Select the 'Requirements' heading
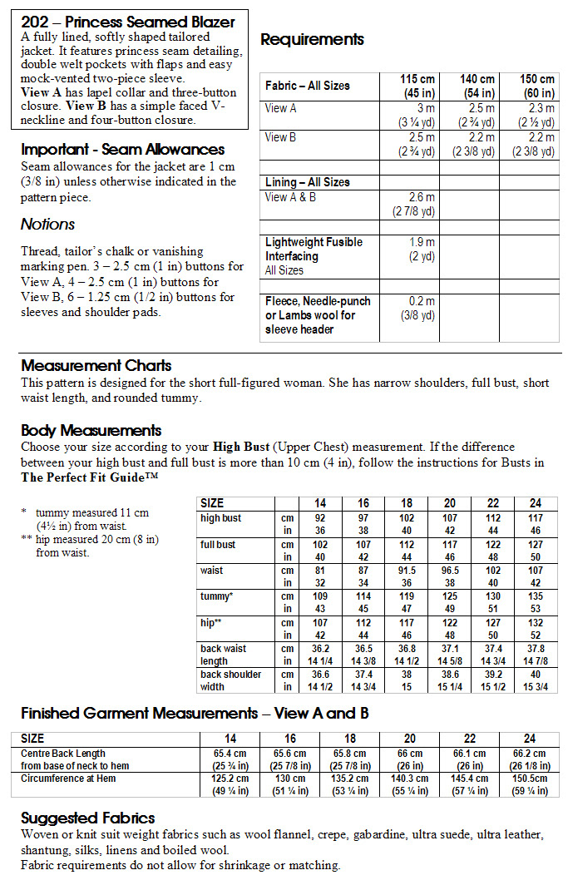[312, 39]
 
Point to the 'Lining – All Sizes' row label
[307, 182]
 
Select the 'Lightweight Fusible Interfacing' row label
[314, 249]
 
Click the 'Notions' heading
[47, 224]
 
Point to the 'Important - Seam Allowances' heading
[122, 150]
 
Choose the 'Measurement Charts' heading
[96, 365]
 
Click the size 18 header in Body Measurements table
[407, 503]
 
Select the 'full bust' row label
[218, 545]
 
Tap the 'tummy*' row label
[216, 596]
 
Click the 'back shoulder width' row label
[230, 680]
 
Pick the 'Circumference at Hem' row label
[68, 779]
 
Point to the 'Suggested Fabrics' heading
[87, 818]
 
